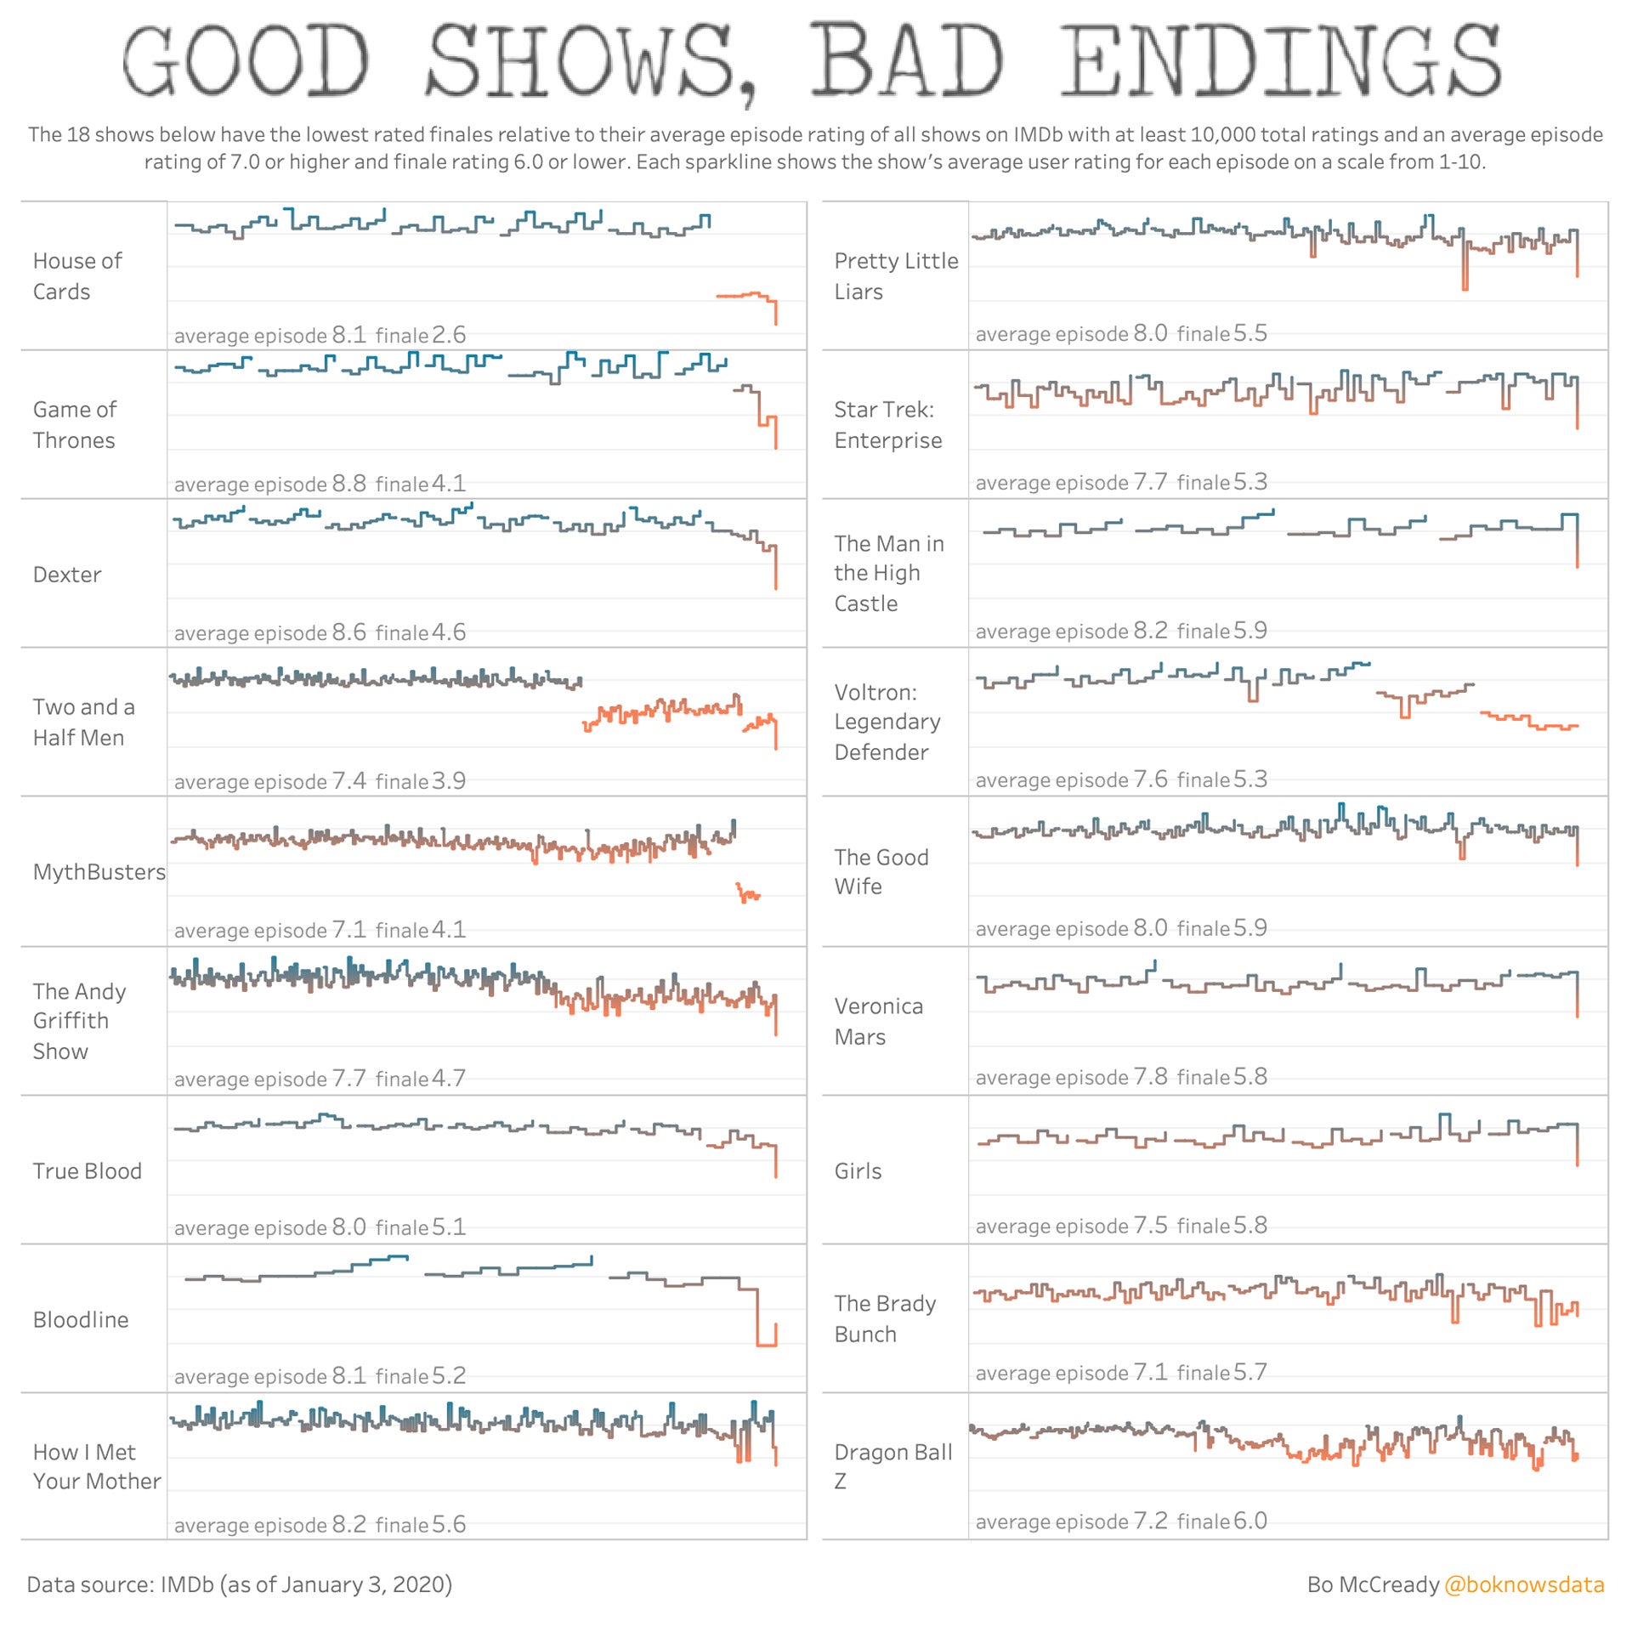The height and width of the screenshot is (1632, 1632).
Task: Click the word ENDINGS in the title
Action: [1281, 60]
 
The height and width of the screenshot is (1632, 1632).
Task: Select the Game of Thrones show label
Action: [75, 425]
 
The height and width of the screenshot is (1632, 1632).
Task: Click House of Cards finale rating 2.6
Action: [448, 335]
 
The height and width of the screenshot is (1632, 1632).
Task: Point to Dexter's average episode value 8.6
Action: [348, 632]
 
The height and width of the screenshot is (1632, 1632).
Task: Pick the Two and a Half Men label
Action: [83, 722]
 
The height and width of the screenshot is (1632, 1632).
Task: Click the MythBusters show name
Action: [99, 872]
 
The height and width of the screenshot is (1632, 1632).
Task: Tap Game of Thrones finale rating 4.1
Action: [448, 484]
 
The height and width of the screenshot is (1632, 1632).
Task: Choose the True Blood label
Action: [87, 1171]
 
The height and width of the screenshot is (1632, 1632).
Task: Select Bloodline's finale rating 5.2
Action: [448, 1376]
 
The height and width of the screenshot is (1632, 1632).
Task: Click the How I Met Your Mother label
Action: [96, 1466]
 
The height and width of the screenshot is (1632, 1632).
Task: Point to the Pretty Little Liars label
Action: [896, 276]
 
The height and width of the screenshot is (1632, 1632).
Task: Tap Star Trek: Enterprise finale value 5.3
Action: [1249, 482]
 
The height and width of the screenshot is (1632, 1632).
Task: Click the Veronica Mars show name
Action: [878, 1022]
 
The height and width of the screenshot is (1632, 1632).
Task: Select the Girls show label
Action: [858, 1171]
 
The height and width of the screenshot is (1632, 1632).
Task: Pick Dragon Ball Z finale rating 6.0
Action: [1249, 1521]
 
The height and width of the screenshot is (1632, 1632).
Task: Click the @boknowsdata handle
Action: [1524, 1584]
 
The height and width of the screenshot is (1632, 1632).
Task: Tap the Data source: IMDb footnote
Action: [239, 1584]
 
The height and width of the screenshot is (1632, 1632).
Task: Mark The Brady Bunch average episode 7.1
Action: [1150, 1372]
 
